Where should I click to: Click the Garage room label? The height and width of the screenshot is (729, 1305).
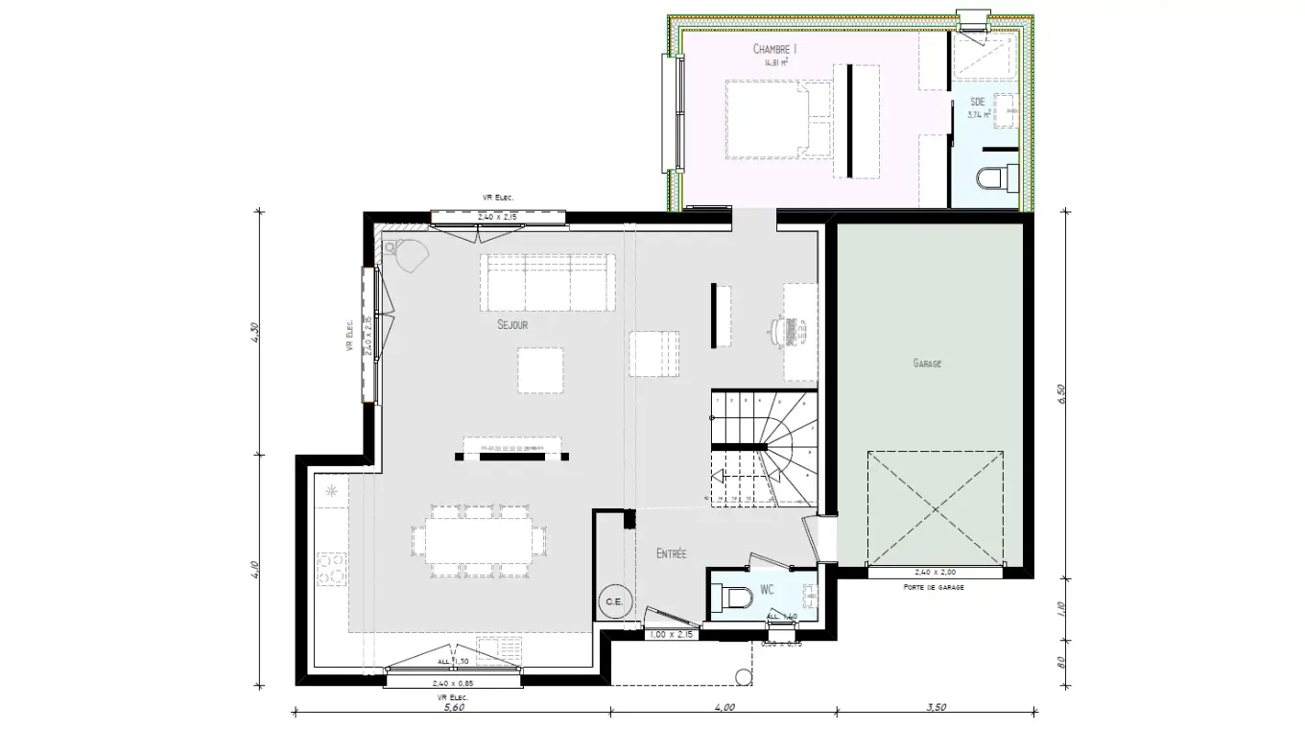pyautogui.click(x=927, y=364)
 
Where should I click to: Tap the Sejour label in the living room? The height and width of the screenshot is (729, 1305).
pyautogui.click(x=512, y=325)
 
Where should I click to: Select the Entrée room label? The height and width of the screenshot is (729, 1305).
pyautogui.click(x=671, y=554)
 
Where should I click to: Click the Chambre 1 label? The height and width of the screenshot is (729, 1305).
pyautogui.click(x=775, y=48)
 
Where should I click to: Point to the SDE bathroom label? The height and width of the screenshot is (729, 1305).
pyautogui.click(x=977, y=101)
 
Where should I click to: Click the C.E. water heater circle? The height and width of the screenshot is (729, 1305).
pyautogui.click(x=613, y=601)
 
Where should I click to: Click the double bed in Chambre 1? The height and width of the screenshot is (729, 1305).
pyautogui.click(x=778, y=119)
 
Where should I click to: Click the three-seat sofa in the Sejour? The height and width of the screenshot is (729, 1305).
pyautogui.click(x=547, y=282)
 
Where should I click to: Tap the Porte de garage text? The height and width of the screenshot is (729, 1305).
pyautogui.click(x=934, y=586)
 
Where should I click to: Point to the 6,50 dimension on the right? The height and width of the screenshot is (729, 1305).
pyautogui.click(x=1062, y=394)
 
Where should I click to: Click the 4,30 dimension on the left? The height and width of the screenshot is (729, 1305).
pyautogui.click(x=253, y=331)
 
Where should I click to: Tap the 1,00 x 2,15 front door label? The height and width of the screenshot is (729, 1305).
pyautogui.click(x=671, y=635)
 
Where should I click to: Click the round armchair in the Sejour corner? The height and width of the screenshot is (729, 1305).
pyautogui.click(x=413, y=256)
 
